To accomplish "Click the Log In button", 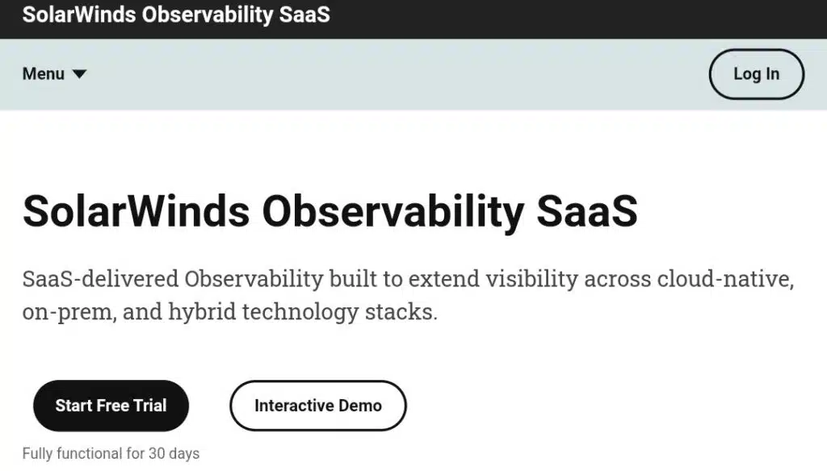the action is click(x=756, y=74).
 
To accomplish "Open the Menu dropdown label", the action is click(x=44, y=73).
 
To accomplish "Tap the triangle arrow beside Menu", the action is click(x=79, y=73).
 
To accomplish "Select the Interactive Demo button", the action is click(x=318, y=406).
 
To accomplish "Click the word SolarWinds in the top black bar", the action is click(x=79, y=15).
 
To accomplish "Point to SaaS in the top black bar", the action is click(x=304, y=15).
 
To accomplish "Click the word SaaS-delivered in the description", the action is click(x=100, y=279).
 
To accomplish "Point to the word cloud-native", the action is click(x=725, y=279).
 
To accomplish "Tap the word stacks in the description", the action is click(x=401, y=312).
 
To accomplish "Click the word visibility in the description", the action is click(x=531, y=279).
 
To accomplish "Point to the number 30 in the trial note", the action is click(x=157, y=453).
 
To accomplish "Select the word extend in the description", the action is click(x=444, y=279).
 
